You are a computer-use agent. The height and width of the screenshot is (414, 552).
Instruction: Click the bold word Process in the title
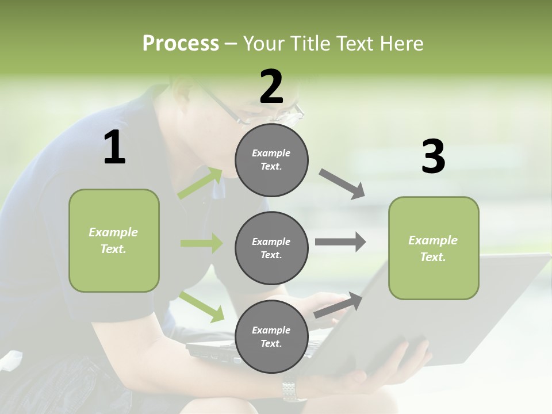point(181,44)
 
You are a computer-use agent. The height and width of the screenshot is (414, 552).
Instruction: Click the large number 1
point(114,148)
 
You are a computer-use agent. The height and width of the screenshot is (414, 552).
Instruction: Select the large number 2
point(271,87)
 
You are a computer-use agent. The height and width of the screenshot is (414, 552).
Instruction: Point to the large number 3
point(433,157)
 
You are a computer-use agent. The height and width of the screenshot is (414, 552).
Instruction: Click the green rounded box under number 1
point(114,240)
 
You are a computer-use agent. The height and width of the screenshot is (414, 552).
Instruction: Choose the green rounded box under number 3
point(434,248)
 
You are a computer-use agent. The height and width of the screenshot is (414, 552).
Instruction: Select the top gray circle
point(271,160)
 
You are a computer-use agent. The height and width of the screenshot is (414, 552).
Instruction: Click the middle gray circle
point(271,248)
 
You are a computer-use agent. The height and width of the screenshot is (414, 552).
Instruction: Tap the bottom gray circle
point(271,336)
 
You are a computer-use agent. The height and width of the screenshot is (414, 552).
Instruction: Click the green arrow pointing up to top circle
point(200,183)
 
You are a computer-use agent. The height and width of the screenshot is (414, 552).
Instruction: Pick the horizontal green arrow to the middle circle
point(201,243)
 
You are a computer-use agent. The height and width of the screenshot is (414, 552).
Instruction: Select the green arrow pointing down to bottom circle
point(202,306)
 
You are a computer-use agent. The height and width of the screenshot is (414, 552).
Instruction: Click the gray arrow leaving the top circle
point(342,184)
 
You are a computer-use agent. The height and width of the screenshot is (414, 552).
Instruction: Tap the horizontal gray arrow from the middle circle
point(340,242)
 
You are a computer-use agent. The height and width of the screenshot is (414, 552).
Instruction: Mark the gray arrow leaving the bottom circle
point(339,305)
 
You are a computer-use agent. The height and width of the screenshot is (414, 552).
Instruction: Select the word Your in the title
point(264,44)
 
